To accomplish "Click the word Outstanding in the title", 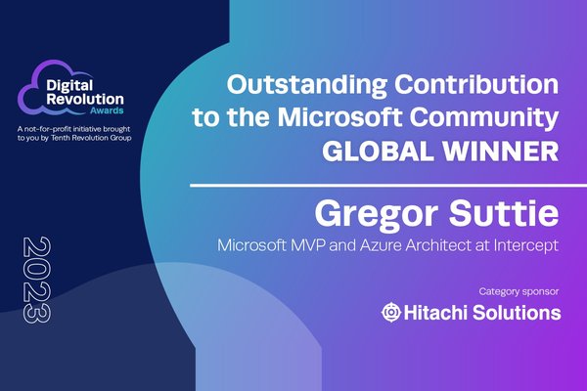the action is click(x=306, y=86).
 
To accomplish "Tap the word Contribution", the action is click(x=476, y=84).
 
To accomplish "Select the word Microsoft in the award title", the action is click(x=339, y=116).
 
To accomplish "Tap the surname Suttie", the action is click(x=504, y=212).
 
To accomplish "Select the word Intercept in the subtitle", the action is click(x=526, y=245).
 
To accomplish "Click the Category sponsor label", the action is click(x=519, y=291).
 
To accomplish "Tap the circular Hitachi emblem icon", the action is click(x=391, y=312).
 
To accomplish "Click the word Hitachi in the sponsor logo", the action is click(x=436, y=313).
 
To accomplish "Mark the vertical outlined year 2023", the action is click(x=37, y=280).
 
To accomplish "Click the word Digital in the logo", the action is click(x=69, y=86).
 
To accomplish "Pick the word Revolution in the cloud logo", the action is click(x=85, y=100).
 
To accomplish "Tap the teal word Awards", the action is click(x=107, y=110).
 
